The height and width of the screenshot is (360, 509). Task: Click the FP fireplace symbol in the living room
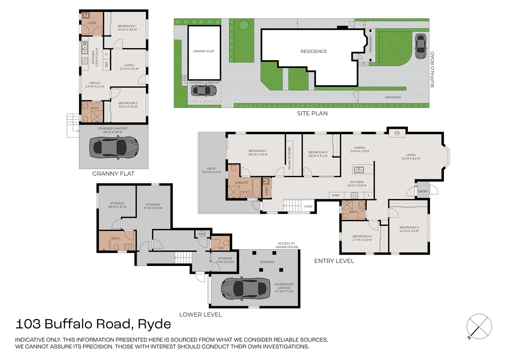(x=397, y=133)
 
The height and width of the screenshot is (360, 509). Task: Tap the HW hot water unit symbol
(x=202, y=234)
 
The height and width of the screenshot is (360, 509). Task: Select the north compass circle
(x=479, y=326)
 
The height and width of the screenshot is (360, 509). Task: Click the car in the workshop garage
(x=246, y=289)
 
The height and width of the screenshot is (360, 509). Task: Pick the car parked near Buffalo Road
(x=421, y=46)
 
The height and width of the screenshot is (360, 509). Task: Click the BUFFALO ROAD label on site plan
(x=432, y=69)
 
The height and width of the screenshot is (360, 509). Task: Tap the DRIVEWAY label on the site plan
(x=393, y=97)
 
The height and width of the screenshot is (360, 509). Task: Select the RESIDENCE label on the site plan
(x=314, y=51)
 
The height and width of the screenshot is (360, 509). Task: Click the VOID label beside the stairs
(x=308, y=206)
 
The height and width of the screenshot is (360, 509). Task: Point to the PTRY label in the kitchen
(x=336, y=196)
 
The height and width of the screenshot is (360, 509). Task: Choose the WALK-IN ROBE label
(x=290, y=158)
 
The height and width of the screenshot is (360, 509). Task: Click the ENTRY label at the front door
(x=423, y=191)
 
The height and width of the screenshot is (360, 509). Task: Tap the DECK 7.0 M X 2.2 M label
(x=211, y=170)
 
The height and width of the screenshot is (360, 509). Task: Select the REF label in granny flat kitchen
(x=106, y=64)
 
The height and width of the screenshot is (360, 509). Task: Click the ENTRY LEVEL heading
(x=334, y=261)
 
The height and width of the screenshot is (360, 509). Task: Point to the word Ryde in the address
(x=154, y=324)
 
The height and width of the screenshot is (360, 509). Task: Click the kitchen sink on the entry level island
(x=359, y=170)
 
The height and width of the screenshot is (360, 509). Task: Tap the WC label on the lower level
(x=221, y=248)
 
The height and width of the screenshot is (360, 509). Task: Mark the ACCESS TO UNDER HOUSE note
(x=287, y=245)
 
